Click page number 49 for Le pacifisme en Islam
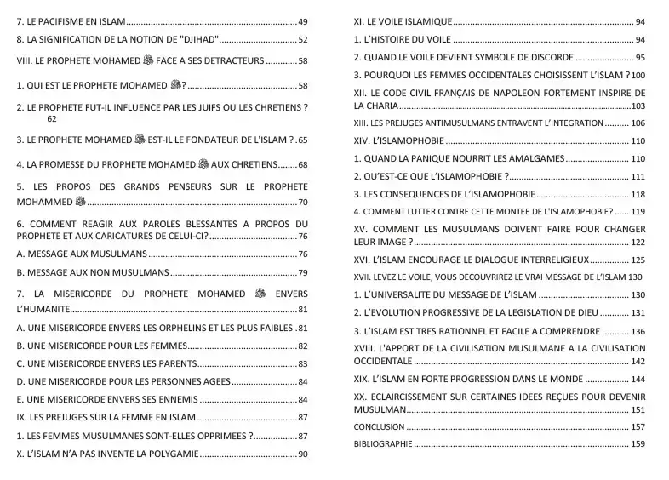pos(302,20)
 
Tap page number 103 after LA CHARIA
pos(638,106)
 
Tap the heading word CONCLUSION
pos(379,426)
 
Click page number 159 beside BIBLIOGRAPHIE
pos(638,444)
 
